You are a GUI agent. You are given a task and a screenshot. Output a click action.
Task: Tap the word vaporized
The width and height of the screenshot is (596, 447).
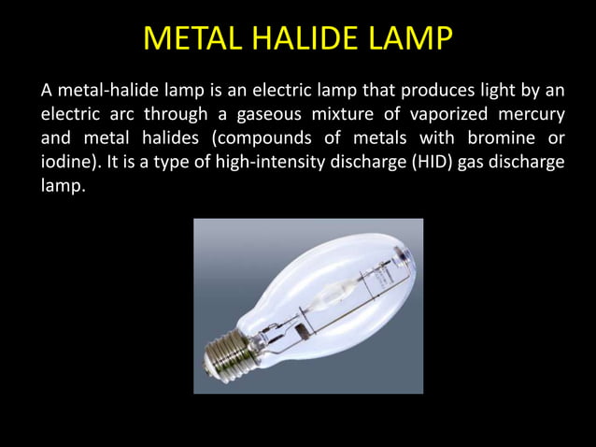[444, 114]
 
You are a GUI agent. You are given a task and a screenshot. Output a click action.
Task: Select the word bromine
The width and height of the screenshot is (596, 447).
[497, 138]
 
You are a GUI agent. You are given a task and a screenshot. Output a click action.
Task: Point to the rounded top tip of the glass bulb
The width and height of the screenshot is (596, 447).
[406, 251]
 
